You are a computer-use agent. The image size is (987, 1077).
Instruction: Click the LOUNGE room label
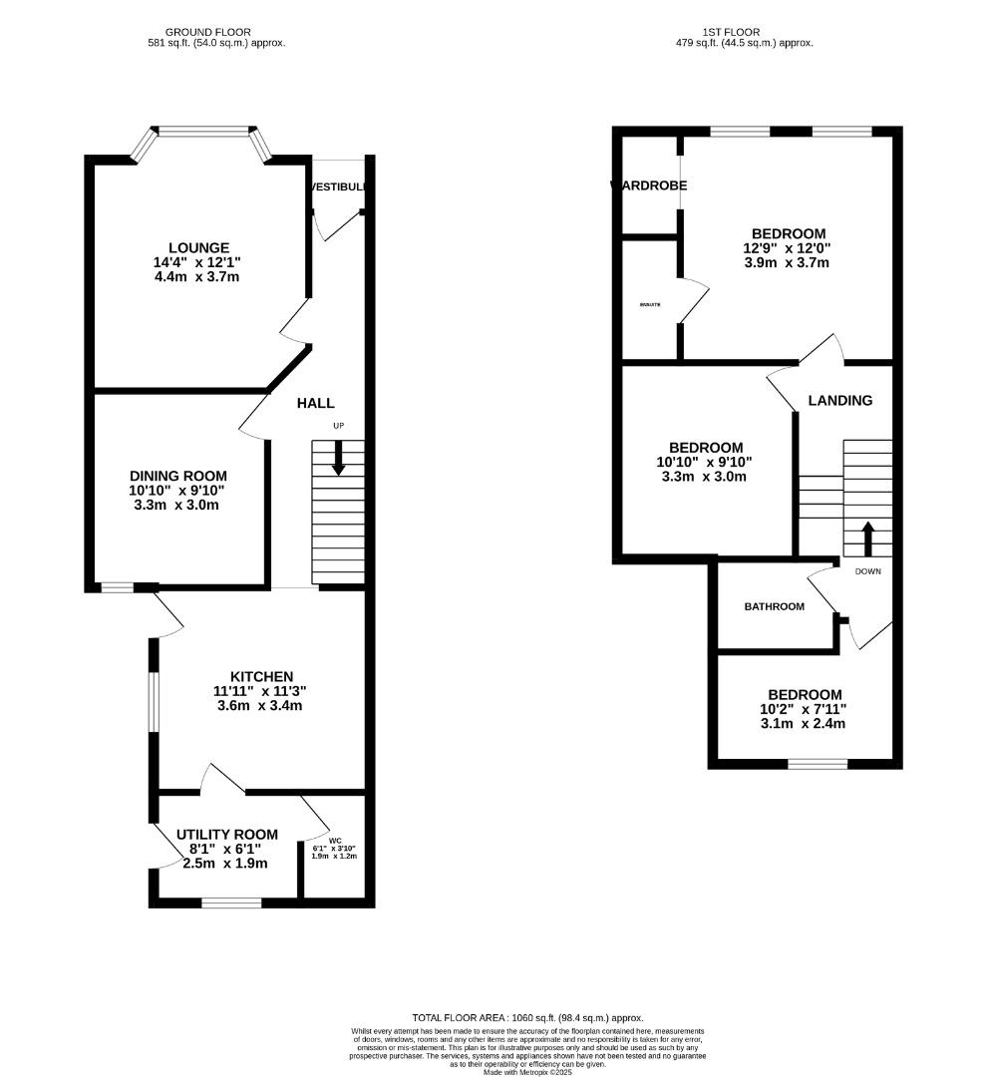pos(198,247)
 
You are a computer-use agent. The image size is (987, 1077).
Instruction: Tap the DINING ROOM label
pos(178,476)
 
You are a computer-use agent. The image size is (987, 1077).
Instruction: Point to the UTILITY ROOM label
pos(226,834)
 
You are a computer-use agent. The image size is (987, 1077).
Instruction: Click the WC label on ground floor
pos(334,840)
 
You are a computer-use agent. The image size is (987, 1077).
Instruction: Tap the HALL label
pos(315,403)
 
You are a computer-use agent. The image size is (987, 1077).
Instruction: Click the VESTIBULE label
pos(339,186)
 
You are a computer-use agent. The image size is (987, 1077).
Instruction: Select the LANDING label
pos(839,400)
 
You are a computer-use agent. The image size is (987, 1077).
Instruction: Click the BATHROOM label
pos(774,606)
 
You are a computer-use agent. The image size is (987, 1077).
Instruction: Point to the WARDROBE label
pos(648,185)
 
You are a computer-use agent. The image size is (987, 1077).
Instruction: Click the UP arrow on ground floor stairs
pos(338,458)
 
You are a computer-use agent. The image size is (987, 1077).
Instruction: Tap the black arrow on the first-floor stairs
pos(867,538)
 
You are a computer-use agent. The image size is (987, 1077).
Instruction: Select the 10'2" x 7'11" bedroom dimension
pos(804,709)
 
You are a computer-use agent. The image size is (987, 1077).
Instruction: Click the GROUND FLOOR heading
pos(207,32)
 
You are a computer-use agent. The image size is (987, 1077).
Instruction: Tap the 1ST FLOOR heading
pos(745,32)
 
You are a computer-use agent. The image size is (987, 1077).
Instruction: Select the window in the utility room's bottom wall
pos(231,902)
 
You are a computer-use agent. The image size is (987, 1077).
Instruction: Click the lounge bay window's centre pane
pos(203,131)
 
